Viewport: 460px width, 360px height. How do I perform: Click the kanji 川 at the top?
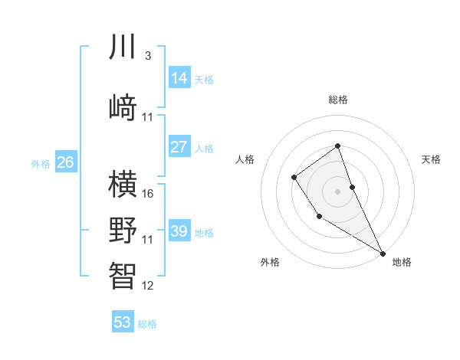[x=123, y=47]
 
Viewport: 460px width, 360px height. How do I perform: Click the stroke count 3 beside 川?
[x=147, y=56]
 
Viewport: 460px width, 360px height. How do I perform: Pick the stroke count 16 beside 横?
[x=148, y=193]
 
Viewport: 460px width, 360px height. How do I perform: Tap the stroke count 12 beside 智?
[x=148, y=286]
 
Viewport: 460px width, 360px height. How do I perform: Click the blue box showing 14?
[x=179, y=78]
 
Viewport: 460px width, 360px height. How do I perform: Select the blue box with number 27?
[x=179, y=147]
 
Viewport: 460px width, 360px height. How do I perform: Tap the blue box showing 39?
[x=179, y=231]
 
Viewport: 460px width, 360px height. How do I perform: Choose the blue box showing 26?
[x=65, y=162]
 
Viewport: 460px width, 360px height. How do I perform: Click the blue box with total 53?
[x=122, y=322]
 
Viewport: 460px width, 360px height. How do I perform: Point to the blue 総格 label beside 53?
[x=147, y=324]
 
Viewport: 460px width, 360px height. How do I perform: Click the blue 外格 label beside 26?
[x=41, y=164]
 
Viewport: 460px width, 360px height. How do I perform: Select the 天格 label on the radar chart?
[x=431, y=159]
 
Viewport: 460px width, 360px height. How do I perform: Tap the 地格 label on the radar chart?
[x=402, y=262]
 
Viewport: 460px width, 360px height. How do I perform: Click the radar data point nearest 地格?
[x=383, y=253]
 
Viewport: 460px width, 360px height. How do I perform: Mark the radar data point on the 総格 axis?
[x=337, y=146]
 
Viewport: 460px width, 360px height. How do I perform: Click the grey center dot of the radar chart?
[x=337, y=190]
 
